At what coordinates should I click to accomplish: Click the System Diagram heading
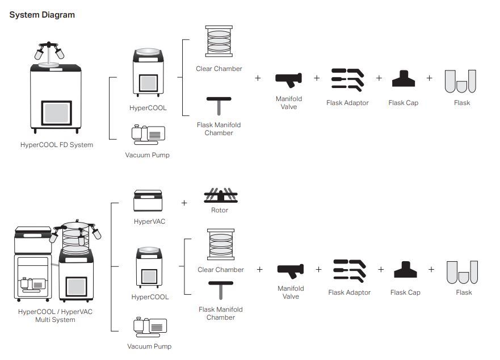click(42, 15)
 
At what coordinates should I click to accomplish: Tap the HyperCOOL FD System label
click(56, 145)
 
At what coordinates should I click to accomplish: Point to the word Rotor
click(219, 210)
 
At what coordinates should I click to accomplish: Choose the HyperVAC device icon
click(148, 202)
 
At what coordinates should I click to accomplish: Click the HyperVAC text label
click(149, 221)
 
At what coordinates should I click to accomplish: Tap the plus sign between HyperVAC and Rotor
click(184, 203)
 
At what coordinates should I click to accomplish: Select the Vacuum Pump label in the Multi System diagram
click(149, 346)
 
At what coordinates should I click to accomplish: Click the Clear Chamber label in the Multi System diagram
click(221, 270)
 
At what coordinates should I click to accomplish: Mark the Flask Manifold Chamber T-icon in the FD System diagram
click(219, 106)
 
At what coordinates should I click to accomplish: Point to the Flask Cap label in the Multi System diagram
click(405, 292)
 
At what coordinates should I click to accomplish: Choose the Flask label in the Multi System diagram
click(464, 292)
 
